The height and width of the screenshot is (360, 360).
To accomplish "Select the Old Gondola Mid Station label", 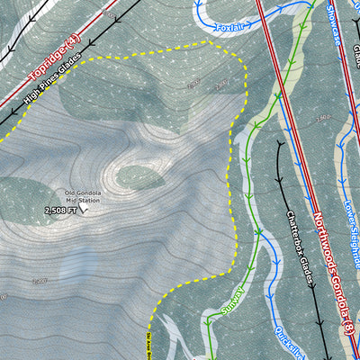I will point(82,196).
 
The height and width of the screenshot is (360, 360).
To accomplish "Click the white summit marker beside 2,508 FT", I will point(84,208).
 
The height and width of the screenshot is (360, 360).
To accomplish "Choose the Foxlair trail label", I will point(229,28).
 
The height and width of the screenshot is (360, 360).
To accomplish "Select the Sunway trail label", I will point(232,301).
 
